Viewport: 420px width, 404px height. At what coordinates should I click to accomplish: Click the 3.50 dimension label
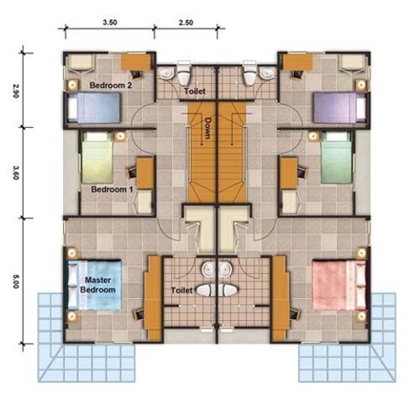[110, 23]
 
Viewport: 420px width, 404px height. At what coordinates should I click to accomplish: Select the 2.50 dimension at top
[186, 23]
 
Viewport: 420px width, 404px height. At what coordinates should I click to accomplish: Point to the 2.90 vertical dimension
[15, 90]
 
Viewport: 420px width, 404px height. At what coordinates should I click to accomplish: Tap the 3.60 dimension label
[15, 172]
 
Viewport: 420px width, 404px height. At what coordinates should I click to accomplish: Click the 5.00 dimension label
[15, 281]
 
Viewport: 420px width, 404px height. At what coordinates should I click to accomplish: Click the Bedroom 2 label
[111, 85]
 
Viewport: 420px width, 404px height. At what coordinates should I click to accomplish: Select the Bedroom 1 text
[112, 190]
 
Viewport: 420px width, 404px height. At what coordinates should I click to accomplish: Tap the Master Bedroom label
[97, 285]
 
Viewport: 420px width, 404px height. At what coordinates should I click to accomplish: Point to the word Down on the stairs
[208, 129]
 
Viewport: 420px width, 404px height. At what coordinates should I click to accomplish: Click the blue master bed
[95, 285]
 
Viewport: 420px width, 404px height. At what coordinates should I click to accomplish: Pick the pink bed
[339, 285]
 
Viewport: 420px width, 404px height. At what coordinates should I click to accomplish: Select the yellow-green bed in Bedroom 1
[97, 158]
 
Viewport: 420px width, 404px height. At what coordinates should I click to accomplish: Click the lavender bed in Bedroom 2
[94, 108]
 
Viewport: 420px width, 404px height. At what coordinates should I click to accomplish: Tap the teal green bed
[336, 158]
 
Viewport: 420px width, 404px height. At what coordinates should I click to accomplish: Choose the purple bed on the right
[339, 108]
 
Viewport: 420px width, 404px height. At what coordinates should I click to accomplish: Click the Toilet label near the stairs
[195, 91]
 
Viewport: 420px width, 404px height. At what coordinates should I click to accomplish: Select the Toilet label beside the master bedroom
[181, 291]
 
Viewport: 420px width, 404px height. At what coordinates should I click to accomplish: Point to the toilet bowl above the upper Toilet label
[184, 73]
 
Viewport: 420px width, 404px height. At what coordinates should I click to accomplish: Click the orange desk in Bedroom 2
[136, 62]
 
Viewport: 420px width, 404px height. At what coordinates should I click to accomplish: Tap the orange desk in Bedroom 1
[145, 173]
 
